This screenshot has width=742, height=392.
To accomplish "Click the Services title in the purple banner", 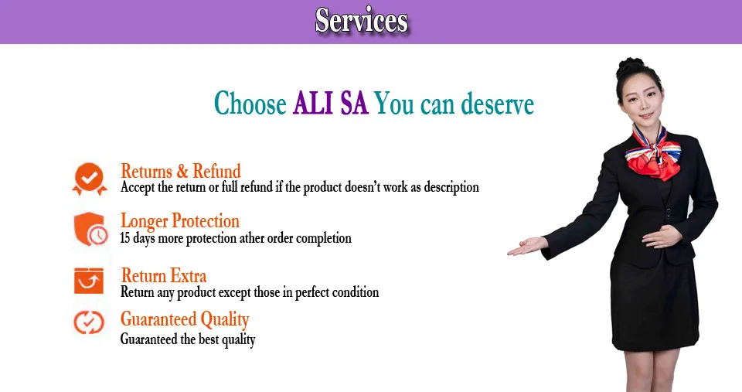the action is [x=362, y=20].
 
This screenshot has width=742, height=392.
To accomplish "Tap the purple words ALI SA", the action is [x=330, y=103].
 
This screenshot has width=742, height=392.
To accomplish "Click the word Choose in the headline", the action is [x=250, y=103].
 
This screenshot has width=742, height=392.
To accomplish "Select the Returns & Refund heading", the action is [x=181, y=171].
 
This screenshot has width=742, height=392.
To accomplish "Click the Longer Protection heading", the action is [x=180, y=220].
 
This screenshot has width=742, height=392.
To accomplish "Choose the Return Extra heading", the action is [x=164, y=275].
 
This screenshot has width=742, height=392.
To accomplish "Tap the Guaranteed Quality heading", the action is [x=185, y=319].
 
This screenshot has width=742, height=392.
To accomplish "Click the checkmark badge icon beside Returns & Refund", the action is [x=90, y=179].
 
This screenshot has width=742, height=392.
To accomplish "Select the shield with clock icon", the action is [x=90, y=229].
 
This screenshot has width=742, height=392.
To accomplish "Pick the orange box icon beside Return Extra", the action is [x=88, y=281].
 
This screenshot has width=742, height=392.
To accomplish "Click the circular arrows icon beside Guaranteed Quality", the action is [x=88, y=322].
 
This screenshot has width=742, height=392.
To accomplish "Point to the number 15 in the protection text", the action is [x=125, y=237].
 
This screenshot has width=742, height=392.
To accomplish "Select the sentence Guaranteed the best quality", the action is [x=188, y=339].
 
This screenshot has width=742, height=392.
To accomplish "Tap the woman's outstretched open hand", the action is [x=527, y=246].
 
